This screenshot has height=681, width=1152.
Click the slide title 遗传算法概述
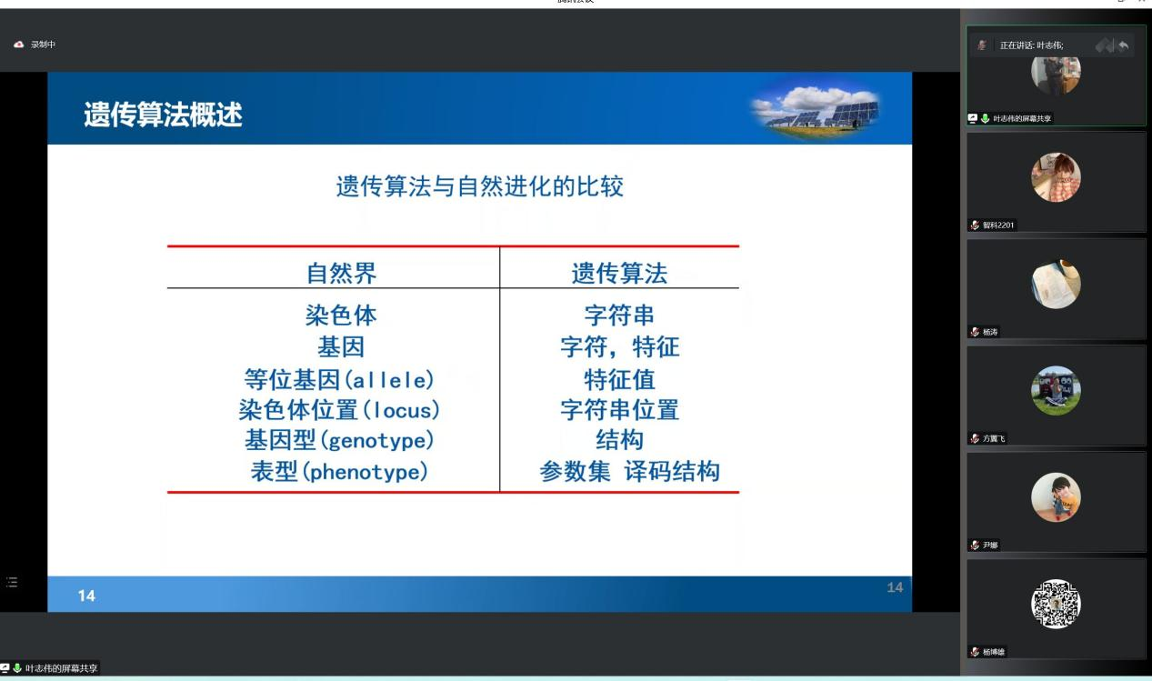pyautogui.click(x=163, y=115)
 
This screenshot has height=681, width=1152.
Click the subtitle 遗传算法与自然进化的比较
pyautogui.click(x=480, y=186)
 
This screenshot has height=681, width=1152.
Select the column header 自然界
pyautogui.click(x=342, y=273)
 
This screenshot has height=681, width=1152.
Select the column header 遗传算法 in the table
pyautogui.click(x=619, y=273)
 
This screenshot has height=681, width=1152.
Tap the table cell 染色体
pyautogui.click(x=341, y=315)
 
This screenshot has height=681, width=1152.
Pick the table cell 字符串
pyautogui.click(x=619, y=315)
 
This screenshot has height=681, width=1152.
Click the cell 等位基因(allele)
pyautogui.click(x=339, y=379)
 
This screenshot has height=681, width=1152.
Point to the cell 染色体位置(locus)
pyautogui.click(x=339, y=410)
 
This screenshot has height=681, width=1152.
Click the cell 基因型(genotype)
pyautogui.click(x=339, y=440)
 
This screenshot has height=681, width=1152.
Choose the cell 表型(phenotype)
pyautogui.click(x=339, y=471)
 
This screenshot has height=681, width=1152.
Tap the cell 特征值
pyautogui.click(x=619, y=379)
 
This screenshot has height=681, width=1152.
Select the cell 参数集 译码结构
pyautogui.click(x=629, y=471)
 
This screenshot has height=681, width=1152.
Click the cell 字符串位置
pyautogui.click(x=620, y=410)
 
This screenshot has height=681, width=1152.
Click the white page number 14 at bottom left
pyautogui.click(x=86, y=596)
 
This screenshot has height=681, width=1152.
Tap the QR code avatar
pyautogui.click(x=1056, y=604)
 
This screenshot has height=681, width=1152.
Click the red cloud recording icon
pyautogui.click(x=19, y=45)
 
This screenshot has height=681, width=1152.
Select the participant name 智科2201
pyautogui.click(x=998, y=225)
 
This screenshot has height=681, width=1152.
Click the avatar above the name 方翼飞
pyautogui.click(x=1056, y=390)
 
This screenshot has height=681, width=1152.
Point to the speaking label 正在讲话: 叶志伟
pyautogui.click(x=1031, y=45)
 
